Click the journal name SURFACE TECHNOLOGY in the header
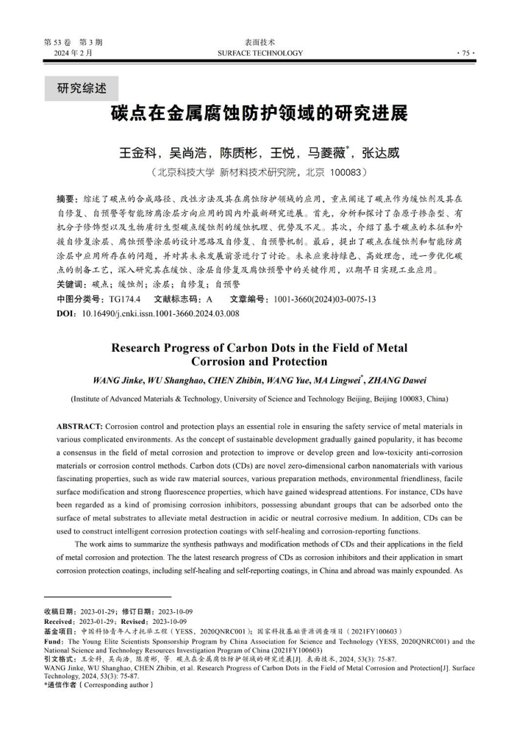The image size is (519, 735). pyautogui.click(x=259, y=53)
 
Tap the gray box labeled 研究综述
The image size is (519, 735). pyautogui.click(x=82, y=89)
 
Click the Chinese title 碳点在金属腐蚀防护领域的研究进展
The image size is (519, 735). pyautogui.click(x=259, y=116)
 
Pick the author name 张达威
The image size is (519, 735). pyautogui.click(x=381, y=154)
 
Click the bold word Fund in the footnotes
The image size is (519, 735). pyautogui.click(x=53, y=642)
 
